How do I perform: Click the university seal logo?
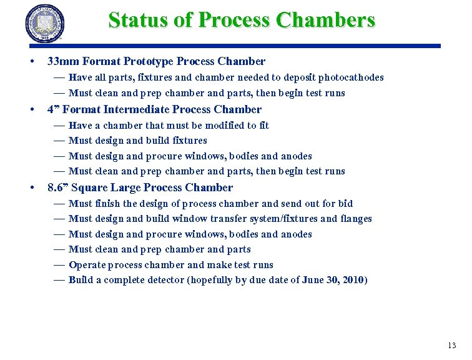(45, 23)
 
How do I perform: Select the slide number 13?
(452, 346)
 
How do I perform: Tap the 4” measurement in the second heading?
(53, 109)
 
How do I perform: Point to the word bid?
(345, 203)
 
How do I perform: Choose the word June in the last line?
(313, 280)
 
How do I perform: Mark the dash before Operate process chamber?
(59, 265)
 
